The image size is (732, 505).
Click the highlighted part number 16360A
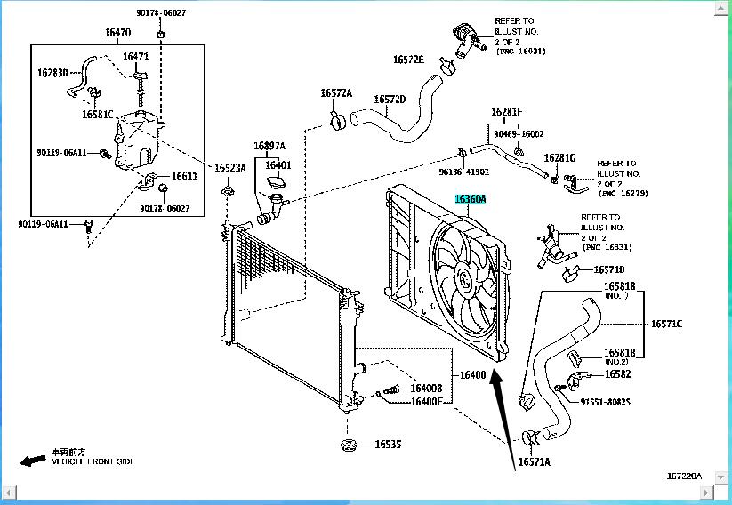tap(471, 200)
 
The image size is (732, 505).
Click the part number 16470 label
tap(117, 33)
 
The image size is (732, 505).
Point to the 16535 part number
tap(387, 444)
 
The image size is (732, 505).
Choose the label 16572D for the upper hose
tap(390, 100)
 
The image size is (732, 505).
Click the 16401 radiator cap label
tap(278, 164)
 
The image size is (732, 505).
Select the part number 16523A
tap(229, 167)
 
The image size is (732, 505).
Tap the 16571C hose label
tap(666, 324)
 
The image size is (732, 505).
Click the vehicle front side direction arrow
tap(33, 460)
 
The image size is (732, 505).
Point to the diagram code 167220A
tap(683, 477)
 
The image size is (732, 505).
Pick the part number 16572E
tap(408, 60)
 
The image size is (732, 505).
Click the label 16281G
tap(560, 157)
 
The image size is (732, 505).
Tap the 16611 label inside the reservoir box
tap(184, 176)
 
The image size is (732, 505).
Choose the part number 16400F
tap(426, 401)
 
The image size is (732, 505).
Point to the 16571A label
tap(535, 462)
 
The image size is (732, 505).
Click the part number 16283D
tap(52, 73)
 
